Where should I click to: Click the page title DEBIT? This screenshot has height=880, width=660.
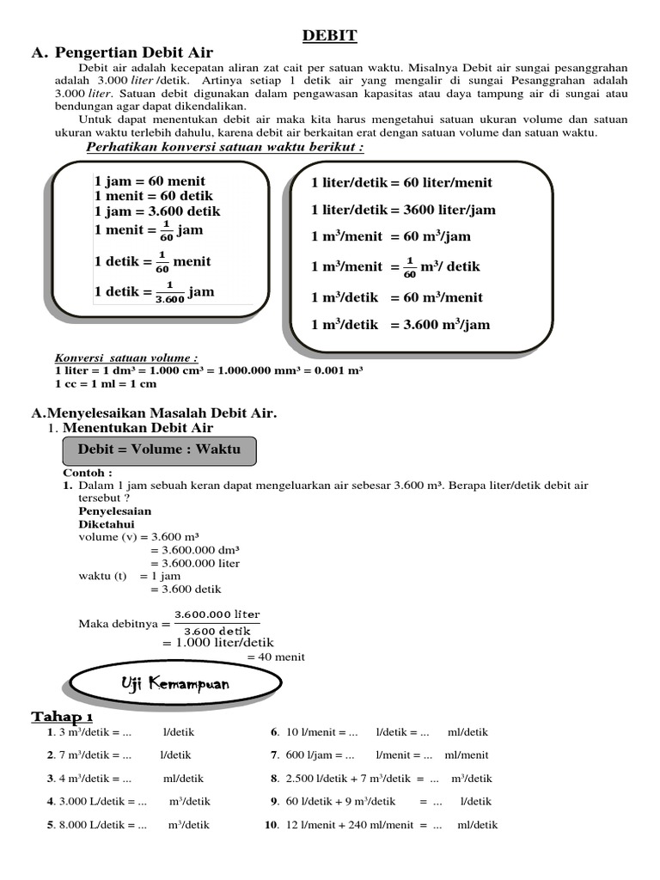[329, 35]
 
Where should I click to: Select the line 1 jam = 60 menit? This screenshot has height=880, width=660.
[150, 181]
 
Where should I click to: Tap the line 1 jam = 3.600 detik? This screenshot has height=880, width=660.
[157, 211]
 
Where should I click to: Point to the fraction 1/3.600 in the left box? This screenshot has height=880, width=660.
[169, 292]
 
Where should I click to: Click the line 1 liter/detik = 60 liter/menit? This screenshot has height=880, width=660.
[401, 182]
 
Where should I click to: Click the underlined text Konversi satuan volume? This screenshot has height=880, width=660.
[125, 357]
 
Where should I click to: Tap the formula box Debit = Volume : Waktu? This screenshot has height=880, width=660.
[159, 449]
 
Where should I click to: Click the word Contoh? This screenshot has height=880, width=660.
[87, 473]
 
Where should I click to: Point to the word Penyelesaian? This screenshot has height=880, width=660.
[114, 511]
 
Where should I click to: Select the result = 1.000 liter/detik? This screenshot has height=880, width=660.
[217, 642]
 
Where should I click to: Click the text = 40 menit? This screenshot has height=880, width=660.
[275, 657]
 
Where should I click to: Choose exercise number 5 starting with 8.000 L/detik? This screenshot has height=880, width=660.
[129, 825]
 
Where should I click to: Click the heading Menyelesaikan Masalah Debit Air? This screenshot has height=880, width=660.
[154, 413]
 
